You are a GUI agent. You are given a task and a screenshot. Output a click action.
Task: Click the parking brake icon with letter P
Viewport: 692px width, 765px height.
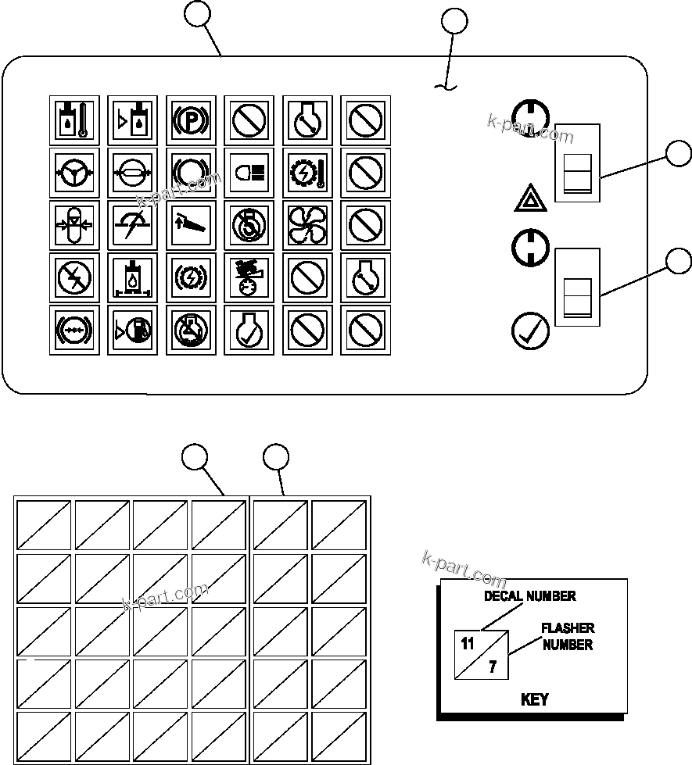point(191,120)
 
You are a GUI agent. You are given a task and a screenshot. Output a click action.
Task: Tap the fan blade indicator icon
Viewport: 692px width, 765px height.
point(307,224)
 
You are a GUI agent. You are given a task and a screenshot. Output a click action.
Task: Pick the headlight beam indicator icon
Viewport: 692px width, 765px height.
point(249,173)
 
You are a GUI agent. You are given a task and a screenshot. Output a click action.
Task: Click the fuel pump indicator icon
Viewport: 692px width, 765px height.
point(132,330)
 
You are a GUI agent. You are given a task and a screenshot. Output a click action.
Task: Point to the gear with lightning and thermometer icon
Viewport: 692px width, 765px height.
point(307,173)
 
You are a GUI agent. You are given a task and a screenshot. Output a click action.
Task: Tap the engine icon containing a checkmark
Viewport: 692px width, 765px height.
point(249,330)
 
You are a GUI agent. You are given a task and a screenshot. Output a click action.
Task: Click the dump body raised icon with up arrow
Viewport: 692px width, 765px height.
point(191,224)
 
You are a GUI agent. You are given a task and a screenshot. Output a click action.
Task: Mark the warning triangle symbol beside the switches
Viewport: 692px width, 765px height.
point(530,200)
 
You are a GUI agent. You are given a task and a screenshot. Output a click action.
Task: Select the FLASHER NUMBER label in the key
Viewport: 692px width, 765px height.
point(568,636)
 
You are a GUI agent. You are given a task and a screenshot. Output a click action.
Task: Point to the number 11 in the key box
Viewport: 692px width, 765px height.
point(468,645)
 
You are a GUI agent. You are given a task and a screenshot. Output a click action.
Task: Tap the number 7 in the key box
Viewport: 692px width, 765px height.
point(493,667)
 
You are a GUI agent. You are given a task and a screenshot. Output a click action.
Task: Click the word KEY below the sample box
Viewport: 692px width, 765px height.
point(534,699)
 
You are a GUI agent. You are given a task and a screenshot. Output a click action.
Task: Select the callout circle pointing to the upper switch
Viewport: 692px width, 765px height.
point(679,155)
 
